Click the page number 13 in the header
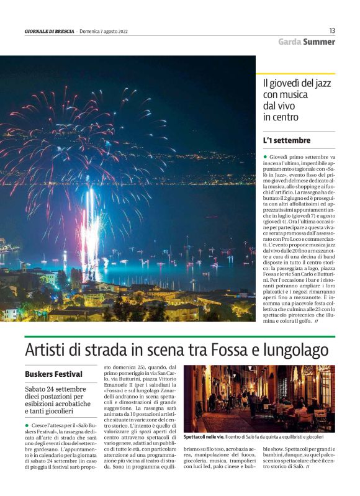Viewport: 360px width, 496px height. pyautogui.click(x=332, y=30)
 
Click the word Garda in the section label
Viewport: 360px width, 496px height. pyautogui.click(x=289, y=42)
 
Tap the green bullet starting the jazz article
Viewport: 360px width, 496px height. pyautogui.click(x=265, y=158)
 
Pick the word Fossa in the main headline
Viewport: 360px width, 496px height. pyautogui.click(x=224, y=349)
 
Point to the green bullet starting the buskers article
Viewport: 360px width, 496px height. pyautogui.click(x=27, y=425)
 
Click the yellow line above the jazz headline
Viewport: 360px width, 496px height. pyautogui.click(x=295, y=74)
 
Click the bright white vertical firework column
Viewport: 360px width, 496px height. pyautogui.click(x=91, y=223)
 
